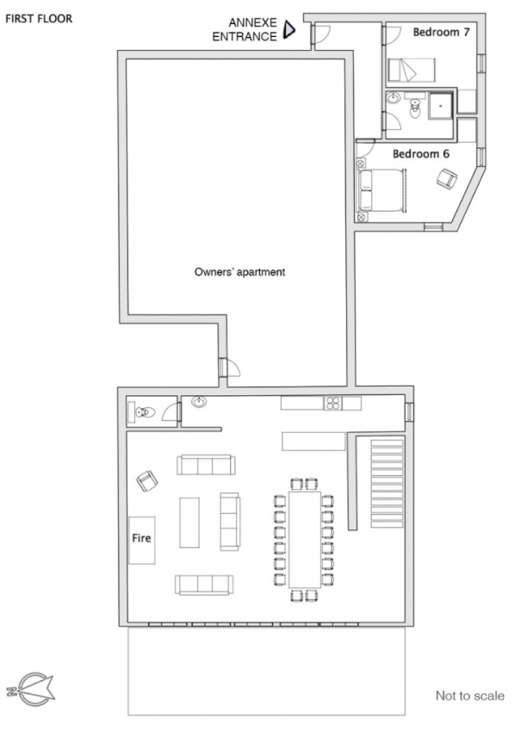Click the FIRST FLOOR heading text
coord(39,19)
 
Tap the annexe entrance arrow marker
coord(289,30)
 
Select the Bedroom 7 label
coord(441,32)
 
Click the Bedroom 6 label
coord(421,153)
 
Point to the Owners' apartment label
coord(240,272)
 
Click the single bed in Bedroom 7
coord(412,70)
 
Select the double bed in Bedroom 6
coord(382,190)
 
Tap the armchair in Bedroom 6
coord(447,179)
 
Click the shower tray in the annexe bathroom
coord(440,106)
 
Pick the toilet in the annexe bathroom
coord(415,108)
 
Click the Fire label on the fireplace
coord(142,538)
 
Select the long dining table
coord(305,540)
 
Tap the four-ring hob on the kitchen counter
coord(333,403)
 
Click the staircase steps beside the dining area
coord(388,484)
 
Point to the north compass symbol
coord(30,690)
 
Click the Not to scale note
coord(470,696)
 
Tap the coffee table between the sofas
coord(189,523)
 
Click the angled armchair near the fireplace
coord(147,481)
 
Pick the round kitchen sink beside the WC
coord(199,402)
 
